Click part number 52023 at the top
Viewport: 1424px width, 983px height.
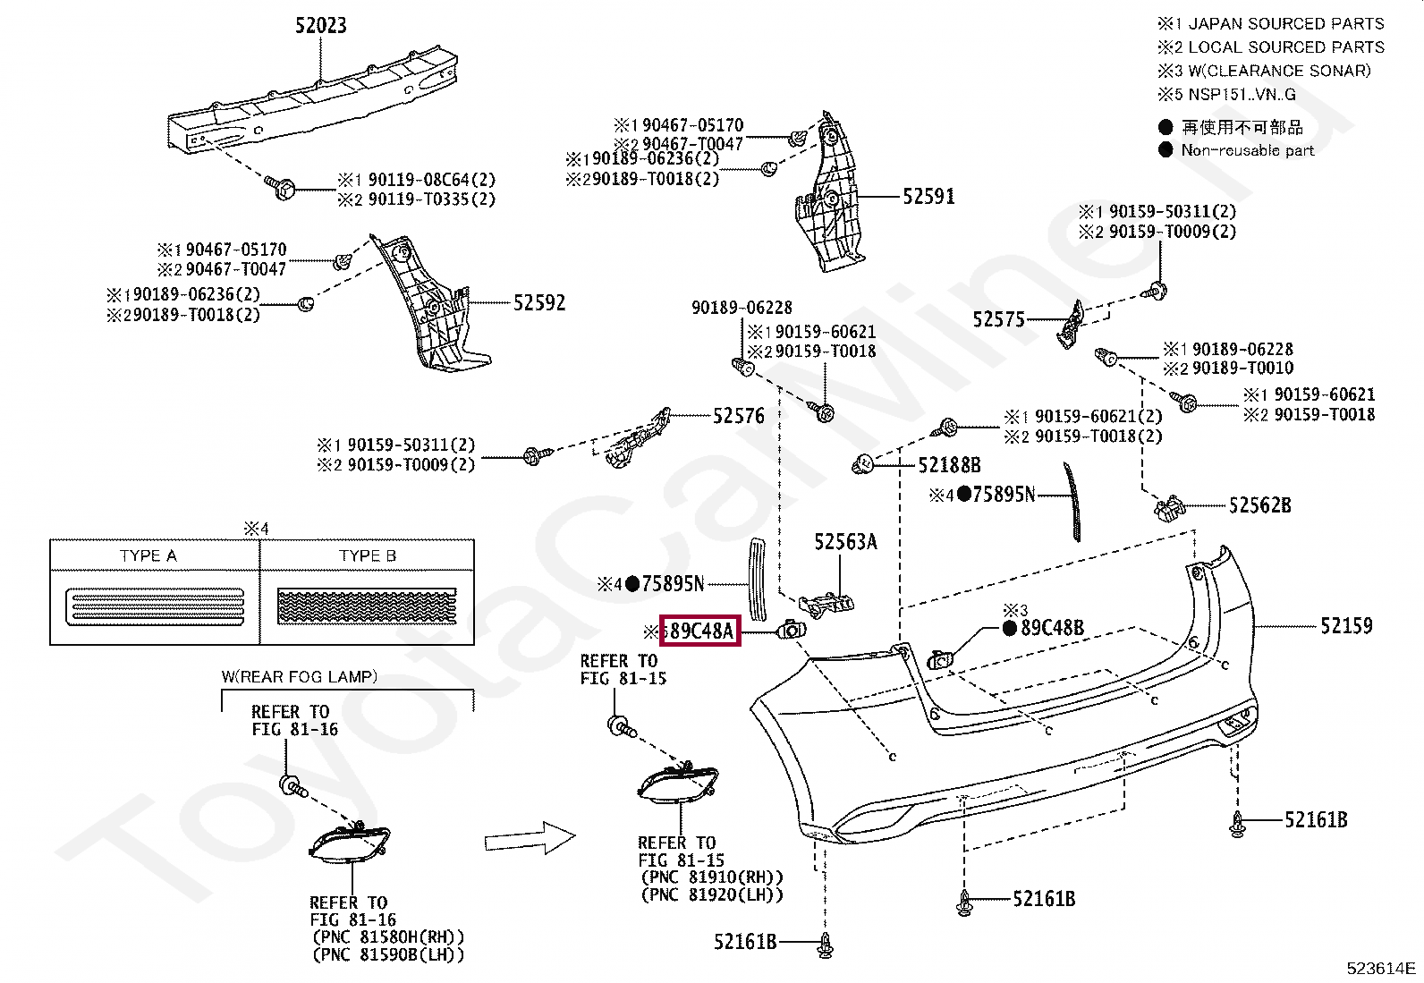[320, 25]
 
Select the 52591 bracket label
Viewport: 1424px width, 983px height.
[928, 196]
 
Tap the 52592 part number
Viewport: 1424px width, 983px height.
[539, 302]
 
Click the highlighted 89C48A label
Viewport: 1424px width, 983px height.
[699, 631]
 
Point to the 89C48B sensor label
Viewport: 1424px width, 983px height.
[1052, 628]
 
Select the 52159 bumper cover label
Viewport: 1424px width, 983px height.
[1346, 625]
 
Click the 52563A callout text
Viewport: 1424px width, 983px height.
[845, 541]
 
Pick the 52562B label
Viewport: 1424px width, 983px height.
[1259, 505]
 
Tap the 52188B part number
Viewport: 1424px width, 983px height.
[949, 464]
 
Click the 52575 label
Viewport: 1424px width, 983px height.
[998, 319]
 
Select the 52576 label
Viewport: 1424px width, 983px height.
[739, 415]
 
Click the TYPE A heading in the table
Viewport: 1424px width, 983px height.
[148, 555]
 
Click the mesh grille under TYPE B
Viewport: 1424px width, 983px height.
[367, 606]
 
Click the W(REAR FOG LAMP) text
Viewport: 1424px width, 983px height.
[300, 676]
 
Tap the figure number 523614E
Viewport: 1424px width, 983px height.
[1381, 968]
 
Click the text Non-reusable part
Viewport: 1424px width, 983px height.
[1247, 150]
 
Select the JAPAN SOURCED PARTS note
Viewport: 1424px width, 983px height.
[1285, 23]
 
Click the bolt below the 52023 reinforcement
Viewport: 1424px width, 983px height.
[284, 188]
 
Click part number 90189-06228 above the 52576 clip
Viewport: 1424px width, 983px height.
[742, 307]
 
